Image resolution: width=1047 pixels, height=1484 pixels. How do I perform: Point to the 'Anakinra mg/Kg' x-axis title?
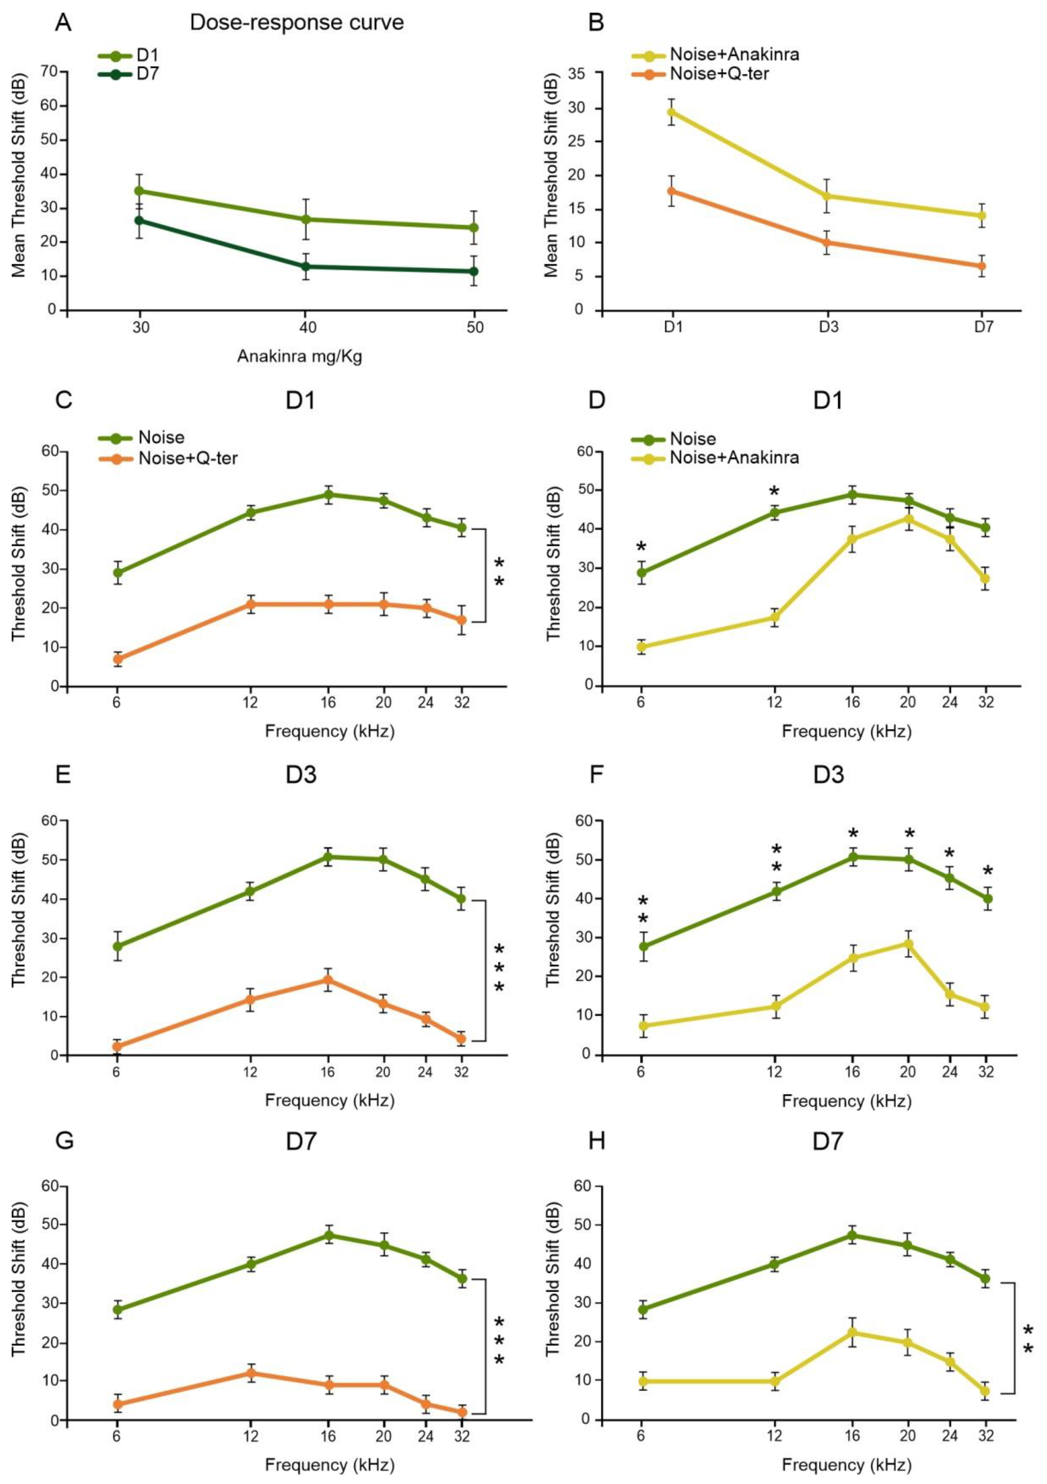[x=299, y=356]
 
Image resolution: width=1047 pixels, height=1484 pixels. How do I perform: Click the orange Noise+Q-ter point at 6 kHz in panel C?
[x=118, y=659]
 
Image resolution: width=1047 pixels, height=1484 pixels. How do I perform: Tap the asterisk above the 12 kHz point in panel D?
[x=774, y=490]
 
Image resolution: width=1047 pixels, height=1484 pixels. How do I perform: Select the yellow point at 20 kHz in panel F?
[x=909, y=944]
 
